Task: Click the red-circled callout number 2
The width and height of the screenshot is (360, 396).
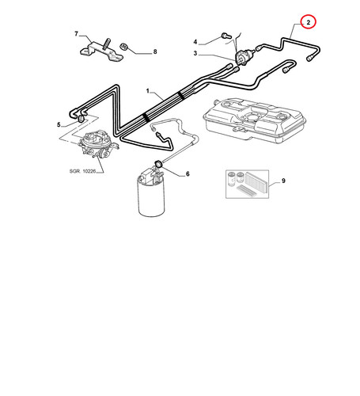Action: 309,23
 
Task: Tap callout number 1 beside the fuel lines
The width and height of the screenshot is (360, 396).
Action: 148,91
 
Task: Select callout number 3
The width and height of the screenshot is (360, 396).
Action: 195,53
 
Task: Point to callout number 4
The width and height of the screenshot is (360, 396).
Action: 195,42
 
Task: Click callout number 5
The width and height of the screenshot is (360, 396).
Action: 59,124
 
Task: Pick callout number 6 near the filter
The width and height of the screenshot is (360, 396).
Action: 188,173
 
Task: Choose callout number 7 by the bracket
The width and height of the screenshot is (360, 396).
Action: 77,34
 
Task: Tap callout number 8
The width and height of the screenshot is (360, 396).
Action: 155,51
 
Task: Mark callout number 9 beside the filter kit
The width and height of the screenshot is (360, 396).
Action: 283,181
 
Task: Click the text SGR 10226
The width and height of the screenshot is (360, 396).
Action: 82,171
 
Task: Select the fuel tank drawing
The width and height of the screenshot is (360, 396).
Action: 255,120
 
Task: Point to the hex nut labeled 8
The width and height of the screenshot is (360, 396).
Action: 123,47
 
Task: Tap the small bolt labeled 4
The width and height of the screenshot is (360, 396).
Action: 225,35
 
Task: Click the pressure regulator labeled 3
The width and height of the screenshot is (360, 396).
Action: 243,57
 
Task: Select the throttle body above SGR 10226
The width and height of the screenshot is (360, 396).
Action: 97,144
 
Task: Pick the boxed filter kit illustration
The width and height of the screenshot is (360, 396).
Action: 247,184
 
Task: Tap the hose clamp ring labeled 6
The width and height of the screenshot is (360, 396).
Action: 158,163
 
